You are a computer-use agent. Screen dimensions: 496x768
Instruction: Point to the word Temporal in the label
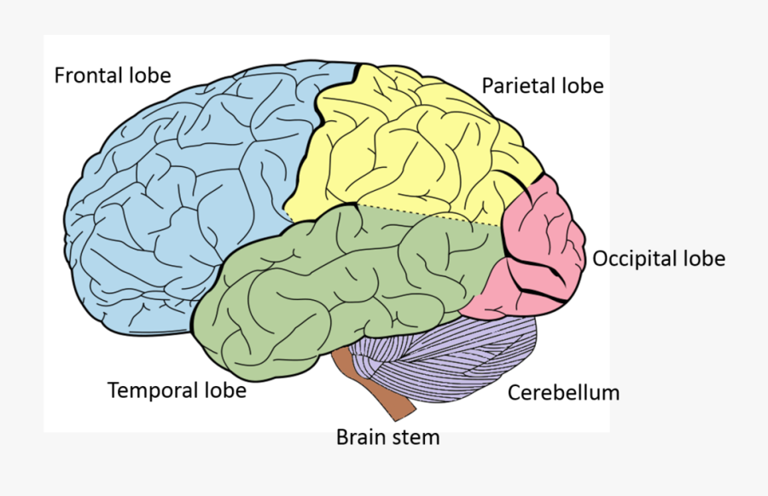(x=148, y=391)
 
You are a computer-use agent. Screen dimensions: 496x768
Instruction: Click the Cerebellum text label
(x=563, y=393)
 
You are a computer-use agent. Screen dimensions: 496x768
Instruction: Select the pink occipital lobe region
(x=542, y=247)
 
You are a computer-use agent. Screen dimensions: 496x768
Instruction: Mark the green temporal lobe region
(x=341, y=273)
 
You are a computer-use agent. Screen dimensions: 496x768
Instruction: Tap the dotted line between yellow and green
(x=427, y=215)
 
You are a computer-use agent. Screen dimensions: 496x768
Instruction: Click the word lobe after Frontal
(x=152, y=76)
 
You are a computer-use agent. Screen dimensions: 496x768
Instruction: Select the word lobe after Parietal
(x=584, y=86)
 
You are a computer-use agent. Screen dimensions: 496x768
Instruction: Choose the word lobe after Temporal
(x=224, y=391)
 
